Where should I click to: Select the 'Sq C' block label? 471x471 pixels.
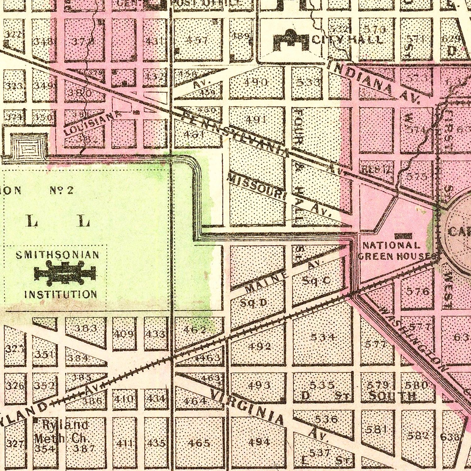point(316,280)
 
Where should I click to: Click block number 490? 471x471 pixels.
point(257,82)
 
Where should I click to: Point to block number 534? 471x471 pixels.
point(323,337)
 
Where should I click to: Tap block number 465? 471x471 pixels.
point(198,443)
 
